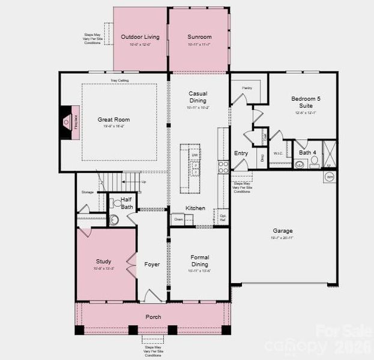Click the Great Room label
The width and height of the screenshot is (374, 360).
pyautogui.click(x=113, y=120)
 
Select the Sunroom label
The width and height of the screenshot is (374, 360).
pyautogui.click(x=199, y=37)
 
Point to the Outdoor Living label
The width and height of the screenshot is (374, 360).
pyautogui.click(x=140, y=37)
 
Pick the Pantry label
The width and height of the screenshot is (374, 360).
pyautogui.click(x=247, y=88)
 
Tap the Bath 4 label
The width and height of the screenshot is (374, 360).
pyautogui.click(x=308, y=153)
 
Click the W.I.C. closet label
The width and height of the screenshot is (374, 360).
pyautogui.click(x=278, y=153)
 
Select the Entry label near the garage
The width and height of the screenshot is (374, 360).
pyautogui.click(x=241, y=153)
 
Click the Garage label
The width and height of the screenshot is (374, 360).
pyautogui.click(x=283, y=231)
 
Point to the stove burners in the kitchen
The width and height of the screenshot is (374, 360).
pyautogui.click(x=223, y=166)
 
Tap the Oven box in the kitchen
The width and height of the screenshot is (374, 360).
pyautogui.click(x=178, y=220)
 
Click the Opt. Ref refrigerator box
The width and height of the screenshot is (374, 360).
pyautogui.click(x=223, y=217)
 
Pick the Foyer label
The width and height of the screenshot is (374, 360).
pyautogui.click(x=152, y=265)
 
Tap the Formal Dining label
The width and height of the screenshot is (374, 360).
pyautogui.click(x=199, y=260)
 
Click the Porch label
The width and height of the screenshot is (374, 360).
pyautogui.click(x=153, y=317)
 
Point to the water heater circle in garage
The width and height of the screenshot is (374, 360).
pyautogui.click(x=329, y=177)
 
